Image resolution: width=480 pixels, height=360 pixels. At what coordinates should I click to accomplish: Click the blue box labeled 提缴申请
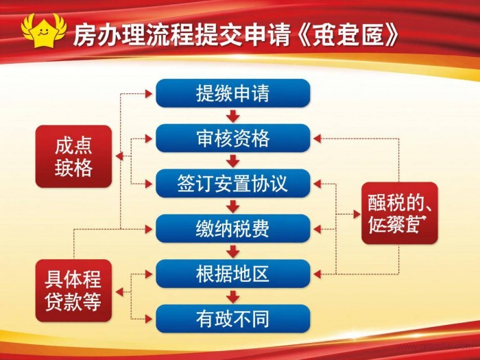click(x=232, y=93)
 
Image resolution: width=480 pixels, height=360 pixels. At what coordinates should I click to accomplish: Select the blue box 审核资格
click(x=232, y=139)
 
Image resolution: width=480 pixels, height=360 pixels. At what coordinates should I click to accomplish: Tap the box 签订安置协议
click(x=232, y=184)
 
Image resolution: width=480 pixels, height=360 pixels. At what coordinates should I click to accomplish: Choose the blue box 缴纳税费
click(x=232, y=228)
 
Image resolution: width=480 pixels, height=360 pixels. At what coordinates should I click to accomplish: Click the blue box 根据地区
click(x=232, y=274)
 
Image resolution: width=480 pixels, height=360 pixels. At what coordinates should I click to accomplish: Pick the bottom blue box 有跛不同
click(x=232, y=318)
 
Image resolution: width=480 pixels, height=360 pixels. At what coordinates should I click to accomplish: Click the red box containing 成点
click(x=73, y=157)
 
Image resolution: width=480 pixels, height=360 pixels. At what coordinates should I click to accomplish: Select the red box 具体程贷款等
click(x=73, y=291)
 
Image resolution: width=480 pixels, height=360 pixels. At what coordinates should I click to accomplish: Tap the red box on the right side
click(x=399, y=213)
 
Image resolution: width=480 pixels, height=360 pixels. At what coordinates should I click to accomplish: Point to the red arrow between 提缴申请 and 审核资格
click(x=233, y=116)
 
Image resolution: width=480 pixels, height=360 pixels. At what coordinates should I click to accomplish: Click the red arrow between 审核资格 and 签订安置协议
click(x=233, y=161)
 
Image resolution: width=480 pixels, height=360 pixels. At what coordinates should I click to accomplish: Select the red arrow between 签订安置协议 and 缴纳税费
click(x=233, y=206)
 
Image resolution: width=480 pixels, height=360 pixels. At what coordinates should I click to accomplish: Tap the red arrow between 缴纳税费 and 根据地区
click(x=233, y=251)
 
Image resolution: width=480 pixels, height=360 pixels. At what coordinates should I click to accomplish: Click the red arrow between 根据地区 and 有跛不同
click(x=233, y=296)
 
